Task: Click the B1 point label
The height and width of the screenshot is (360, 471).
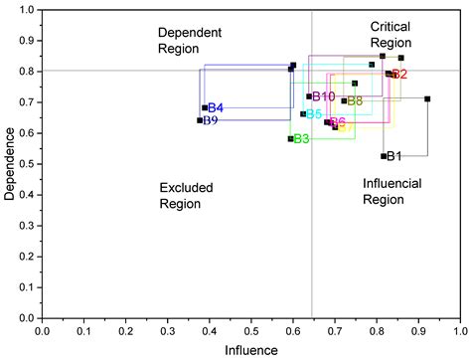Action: (394, 156)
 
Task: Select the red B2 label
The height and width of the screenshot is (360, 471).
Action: (399, 75)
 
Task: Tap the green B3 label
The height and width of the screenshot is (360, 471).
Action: (301, 138)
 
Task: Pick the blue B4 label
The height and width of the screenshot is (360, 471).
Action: (215, 107)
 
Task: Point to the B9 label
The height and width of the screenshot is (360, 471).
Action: (210, 120)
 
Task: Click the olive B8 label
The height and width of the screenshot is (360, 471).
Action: (355, 100)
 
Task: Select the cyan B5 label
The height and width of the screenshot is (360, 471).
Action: (314, 114)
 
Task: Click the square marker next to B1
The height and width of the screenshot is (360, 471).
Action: (384, 156)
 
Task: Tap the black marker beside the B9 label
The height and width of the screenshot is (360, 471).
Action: (200, 120)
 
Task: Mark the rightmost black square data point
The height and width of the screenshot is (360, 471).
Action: (427, 98)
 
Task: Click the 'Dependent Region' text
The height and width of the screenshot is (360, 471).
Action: (188, 41)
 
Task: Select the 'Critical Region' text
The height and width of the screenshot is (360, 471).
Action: (391, 34)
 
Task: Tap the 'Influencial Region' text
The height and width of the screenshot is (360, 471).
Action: (392, 191)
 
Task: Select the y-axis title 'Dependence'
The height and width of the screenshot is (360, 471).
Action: (10, 164)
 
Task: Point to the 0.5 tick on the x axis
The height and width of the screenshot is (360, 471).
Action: (250, 329)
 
